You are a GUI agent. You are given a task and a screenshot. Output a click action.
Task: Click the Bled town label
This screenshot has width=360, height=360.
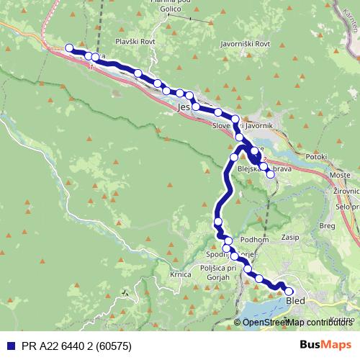[x=296, y=302]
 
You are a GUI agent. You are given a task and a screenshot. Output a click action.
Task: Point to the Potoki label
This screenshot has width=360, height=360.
[x=316, y=156]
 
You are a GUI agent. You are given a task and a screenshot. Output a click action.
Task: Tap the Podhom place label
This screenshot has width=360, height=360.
[x=256, y=240]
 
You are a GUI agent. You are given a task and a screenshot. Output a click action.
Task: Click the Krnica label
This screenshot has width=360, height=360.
[x=180, y=274]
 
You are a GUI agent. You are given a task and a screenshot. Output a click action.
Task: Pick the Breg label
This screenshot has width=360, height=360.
[x=328, y=225]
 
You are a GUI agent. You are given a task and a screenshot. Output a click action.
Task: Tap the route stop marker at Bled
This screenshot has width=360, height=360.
[x=289, y=291]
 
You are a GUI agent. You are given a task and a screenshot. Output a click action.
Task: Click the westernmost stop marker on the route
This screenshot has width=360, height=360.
[x=70, y=48]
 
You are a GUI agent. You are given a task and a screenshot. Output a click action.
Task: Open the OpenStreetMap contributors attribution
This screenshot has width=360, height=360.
[x=299, y=322]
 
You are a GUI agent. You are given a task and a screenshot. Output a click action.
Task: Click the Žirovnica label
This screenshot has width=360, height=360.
[x=348, y=192]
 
